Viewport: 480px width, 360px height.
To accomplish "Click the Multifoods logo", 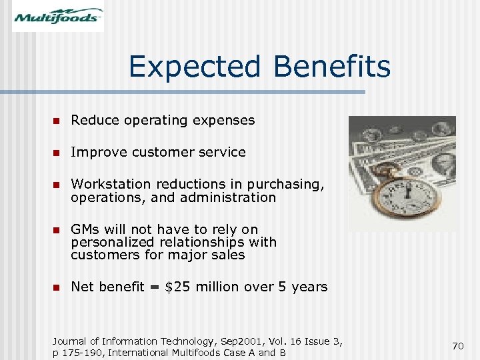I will pyautogui.click(x=58, y=16).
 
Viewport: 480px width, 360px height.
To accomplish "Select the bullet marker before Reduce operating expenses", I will pyautogui.click(x=57, y=121).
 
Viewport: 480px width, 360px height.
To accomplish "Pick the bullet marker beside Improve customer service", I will pyautogui.click(x=57, y=153).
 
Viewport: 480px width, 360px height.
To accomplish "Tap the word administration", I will pyautogui.click(x=233, y=197).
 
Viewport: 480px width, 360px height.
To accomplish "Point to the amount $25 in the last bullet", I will pyautogui.click(x=177, y=287).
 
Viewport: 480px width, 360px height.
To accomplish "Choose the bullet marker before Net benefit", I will pyautogui.click(x=57, y=287).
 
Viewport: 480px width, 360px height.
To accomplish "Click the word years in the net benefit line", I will pyautogui.click(x=309, y=287).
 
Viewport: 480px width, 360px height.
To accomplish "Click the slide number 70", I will pyautogui.click(x=457, y=346).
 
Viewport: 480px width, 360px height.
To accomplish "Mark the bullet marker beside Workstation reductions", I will pyautogui.click(x=57, y=184).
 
